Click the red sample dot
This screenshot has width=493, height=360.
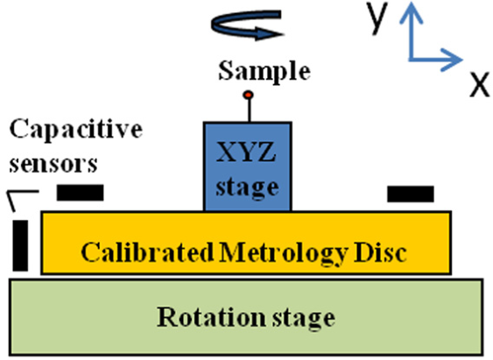click(249, 95)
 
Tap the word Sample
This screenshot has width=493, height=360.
click(264, 72)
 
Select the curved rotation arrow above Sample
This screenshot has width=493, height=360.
click(247, 25)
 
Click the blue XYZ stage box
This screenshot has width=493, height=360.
click(248, 166)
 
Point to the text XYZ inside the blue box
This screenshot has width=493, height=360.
click(246, 152)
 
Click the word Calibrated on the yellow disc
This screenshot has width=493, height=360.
click(147, 252)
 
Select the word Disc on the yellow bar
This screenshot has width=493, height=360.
click(380, 252)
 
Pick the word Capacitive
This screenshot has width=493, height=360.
click(76, 130)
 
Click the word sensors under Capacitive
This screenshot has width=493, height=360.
click(53, 164)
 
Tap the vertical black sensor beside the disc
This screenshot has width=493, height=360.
click(20, 245)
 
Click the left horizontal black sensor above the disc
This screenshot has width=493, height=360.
click(81, 193)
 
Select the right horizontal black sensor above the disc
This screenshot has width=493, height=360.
click(411, 194)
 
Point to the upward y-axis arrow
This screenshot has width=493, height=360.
click(411, 31)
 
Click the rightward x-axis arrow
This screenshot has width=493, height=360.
click(436, 60)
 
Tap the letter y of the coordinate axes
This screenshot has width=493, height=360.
click(377, 18)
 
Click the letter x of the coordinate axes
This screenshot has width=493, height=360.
click(480, 84)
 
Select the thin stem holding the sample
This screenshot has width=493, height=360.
click(250, 110)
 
